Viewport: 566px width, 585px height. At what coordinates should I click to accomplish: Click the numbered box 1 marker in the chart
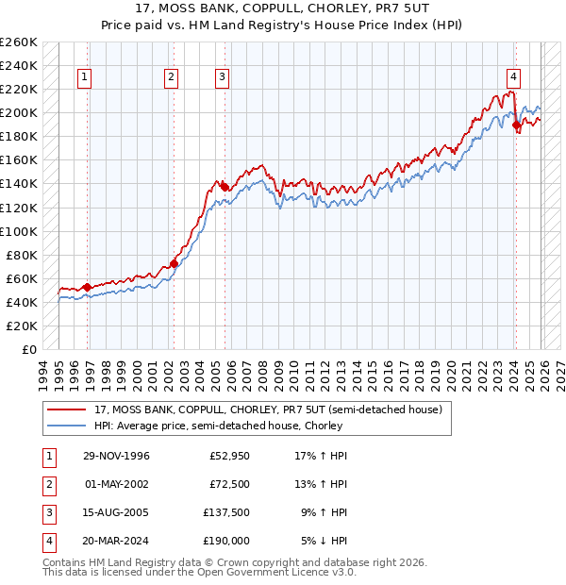(86, 77)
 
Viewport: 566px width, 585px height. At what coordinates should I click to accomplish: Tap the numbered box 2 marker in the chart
(171, 77)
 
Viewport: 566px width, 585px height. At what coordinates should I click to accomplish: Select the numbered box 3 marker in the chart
(222, 77)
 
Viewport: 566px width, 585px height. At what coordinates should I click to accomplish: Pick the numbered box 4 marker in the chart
(513, 77)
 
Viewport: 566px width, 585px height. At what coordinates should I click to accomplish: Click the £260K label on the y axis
(18, 42)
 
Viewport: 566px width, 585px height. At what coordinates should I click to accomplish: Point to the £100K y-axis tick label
(18, 231)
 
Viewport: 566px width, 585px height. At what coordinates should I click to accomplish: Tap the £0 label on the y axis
(28, 349)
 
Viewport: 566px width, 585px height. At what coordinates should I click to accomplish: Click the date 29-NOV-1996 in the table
(117, 456)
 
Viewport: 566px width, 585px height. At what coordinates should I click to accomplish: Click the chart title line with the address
(283, 9)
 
